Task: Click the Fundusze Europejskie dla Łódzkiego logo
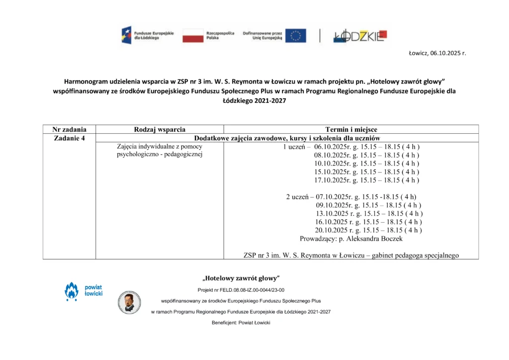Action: tap(148, 35)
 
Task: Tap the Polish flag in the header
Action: tap(193, 35)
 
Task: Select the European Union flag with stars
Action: tap(295, 35)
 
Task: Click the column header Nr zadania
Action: tap(69, 130)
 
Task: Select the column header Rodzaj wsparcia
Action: tap(160, 130)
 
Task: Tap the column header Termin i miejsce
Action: tap(351, 130)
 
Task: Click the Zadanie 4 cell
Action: tap(69, 138)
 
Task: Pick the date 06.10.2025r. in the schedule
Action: tap(333, 147)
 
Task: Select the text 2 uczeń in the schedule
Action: tap(297, 197)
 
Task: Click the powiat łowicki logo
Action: tap(83, 291)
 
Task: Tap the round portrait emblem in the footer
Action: tap(129, 302)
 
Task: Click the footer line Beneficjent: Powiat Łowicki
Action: tap(241, 323)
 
